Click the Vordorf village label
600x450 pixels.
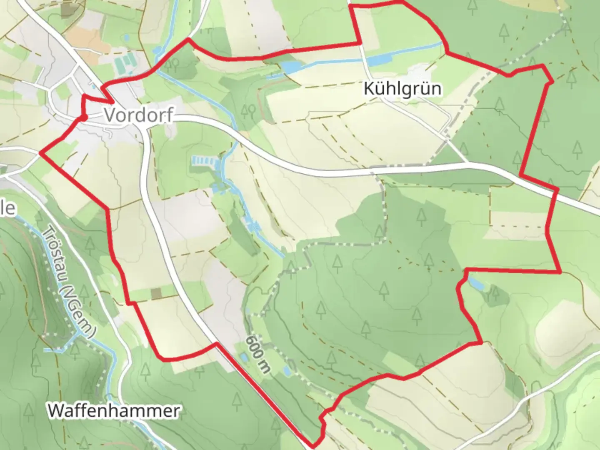click(138, 115)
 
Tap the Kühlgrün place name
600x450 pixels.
click(402, 89)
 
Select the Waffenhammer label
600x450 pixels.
click(114, 410)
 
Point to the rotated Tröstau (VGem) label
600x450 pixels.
click(69, 282)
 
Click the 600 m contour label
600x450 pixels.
click(257, 354)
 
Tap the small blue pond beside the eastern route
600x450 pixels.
click(476, 284)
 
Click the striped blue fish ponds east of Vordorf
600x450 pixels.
click(204, 160)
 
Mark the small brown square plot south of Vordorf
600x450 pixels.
click(156, 294)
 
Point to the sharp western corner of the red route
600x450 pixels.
click(40, 153)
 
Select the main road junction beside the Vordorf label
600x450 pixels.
click(143, 127)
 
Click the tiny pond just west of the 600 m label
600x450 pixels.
click(244, 357)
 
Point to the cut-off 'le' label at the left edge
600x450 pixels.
click(7, 208)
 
